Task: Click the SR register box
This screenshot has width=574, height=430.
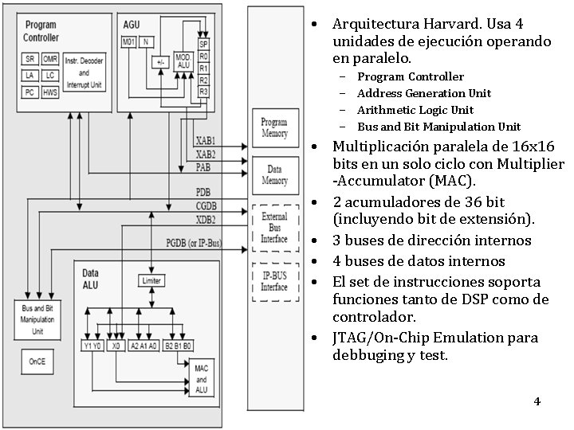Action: coord(29,59)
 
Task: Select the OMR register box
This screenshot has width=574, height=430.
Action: coord(50,59)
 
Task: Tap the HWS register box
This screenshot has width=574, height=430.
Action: coord(50,92)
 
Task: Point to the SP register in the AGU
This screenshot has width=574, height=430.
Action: coord(203,44)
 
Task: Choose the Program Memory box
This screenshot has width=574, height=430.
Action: coord(274,128)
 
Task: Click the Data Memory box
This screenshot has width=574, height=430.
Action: coord(274,175)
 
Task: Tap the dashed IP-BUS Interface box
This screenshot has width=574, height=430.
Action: coord(274,281)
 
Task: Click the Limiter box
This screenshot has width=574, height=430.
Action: coord(151,280)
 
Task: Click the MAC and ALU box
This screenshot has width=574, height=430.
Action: coord(201,379)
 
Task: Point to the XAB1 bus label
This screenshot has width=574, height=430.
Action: coord(205,140)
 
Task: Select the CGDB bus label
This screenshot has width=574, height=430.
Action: coord(206,206)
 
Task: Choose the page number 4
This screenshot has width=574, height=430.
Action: coord(537,401)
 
